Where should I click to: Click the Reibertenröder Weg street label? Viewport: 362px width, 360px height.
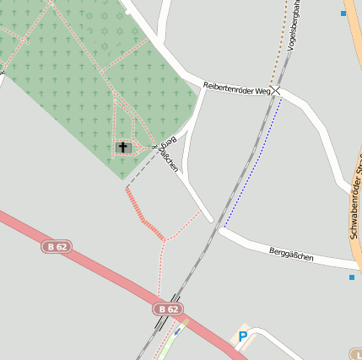click(x=236, y=88)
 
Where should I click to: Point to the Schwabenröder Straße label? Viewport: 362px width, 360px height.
click(x=354, y=202)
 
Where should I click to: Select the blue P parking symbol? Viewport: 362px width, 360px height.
click(x=243, y=336)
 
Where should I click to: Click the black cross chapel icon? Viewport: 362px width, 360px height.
click(x=122, y=148)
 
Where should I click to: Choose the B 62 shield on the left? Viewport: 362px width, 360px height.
click(x=56, y=246)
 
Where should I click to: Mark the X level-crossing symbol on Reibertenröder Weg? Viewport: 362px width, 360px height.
click(x=276, y=92)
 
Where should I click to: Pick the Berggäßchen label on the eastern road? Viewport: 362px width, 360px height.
click(x=291, y=254)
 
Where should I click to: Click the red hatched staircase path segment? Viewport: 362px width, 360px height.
click(x=143, y=215)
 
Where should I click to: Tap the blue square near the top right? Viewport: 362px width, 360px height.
click(x=343, y=13)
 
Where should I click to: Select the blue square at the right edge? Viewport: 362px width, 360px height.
click(x=352, y=277)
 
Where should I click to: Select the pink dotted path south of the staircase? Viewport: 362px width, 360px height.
click(x=160, y=270)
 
